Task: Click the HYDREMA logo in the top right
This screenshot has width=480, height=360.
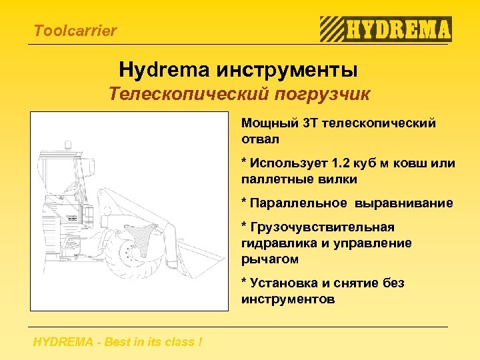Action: (386, 29)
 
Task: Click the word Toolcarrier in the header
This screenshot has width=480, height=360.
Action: (75, 31)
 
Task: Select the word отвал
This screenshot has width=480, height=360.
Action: (260, 139)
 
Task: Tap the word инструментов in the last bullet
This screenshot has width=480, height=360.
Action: (288, 299)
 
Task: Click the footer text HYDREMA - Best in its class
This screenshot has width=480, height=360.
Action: (117, 342)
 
